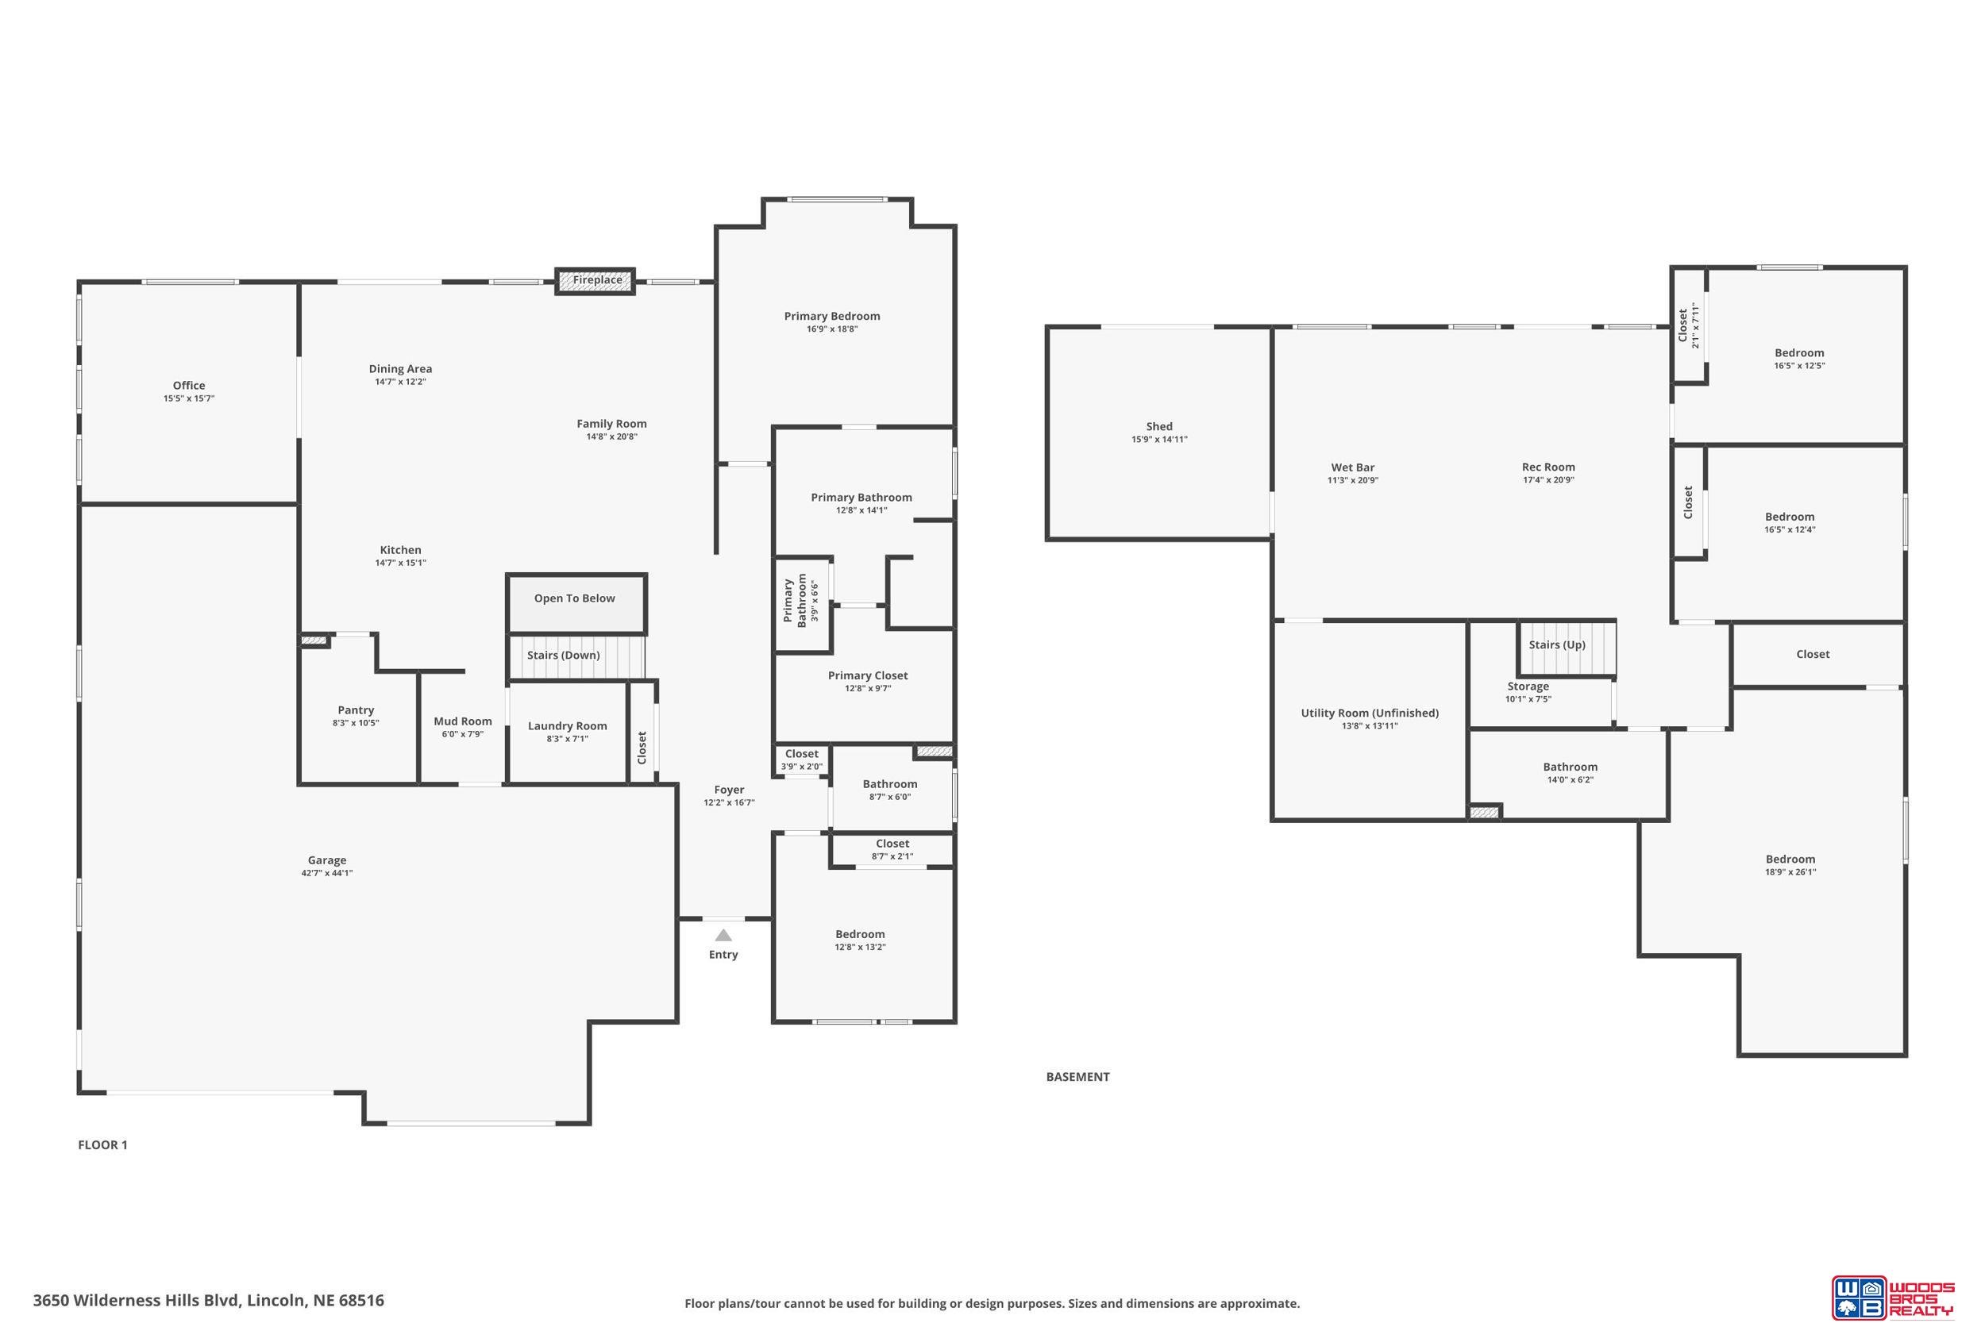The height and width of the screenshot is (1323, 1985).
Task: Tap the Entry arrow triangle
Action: click(x=723, y=935)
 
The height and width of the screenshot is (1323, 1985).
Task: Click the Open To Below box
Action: click(x=576, y=603)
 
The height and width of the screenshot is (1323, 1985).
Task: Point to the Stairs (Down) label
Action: click(x=563, y=655)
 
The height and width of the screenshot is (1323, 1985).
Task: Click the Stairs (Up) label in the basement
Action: click(x=1557, y=644)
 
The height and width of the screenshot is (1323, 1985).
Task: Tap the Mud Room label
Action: click(x=462, y=721)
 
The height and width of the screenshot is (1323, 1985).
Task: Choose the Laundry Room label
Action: click(x=567, y=725)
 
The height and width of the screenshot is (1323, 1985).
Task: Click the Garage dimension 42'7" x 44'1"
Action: click(x=326, y=873)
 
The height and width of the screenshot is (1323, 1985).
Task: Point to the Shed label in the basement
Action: click(x=1158, y=427)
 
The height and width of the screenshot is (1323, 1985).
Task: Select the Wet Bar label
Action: click(x=1353, y=467)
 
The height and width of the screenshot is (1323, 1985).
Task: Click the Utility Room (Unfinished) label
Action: click(x=1370, y=713)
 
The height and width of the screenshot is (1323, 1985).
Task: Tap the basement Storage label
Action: click(x=1528, y=686)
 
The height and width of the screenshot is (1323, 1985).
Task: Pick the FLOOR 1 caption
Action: click(x=103, y=1145)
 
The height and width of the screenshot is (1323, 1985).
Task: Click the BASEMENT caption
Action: click(x=1077, y=1077)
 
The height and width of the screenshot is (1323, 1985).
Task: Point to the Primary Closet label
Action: click(x=868, y=676)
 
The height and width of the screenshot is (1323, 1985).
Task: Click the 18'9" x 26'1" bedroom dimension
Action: click(x=1790, y=872)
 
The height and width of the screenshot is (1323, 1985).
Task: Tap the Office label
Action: click(x=189, y=386)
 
